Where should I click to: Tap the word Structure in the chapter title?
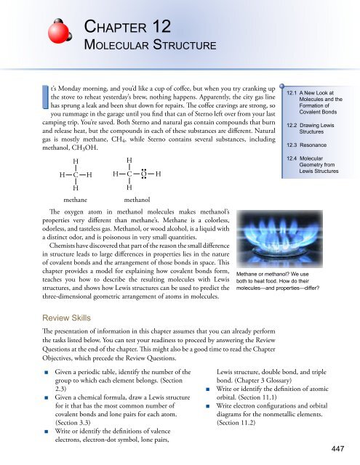coord(172,47)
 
